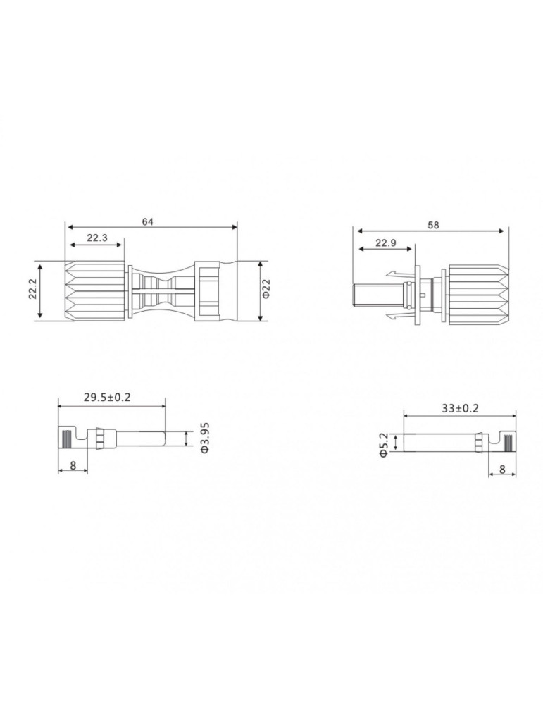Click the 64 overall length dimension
point(147,221)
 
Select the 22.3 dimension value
point(97,238)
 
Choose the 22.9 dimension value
point(386,243)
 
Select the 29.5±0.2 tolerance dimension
point(107,398)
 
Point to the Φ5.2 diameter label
point(384,444)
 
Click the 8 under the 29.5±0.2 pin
point(73,465)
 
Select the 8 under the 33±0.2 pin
point(501,469)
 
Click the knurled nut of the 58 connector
point(477,295)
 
